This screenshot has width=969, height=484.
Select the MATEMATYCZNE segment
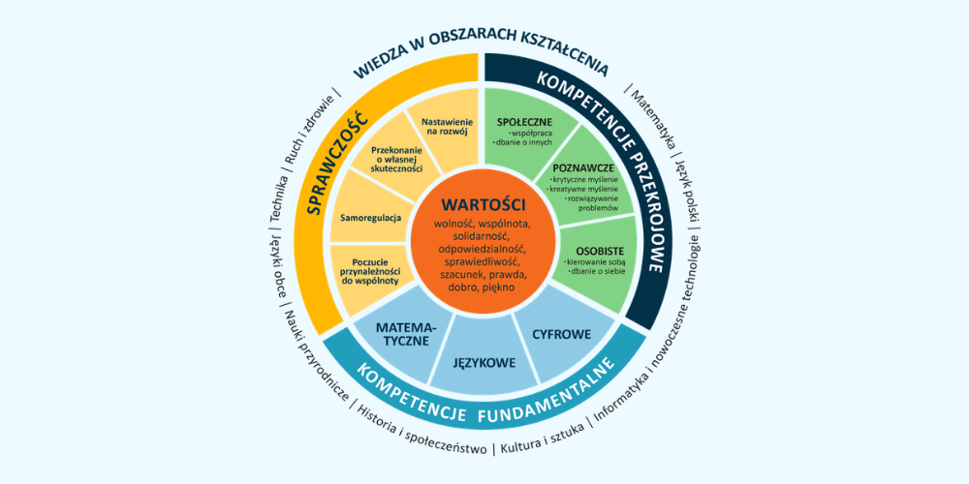click(405, 335)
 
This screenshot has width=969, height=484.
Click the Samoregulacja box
click(370, 217)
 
